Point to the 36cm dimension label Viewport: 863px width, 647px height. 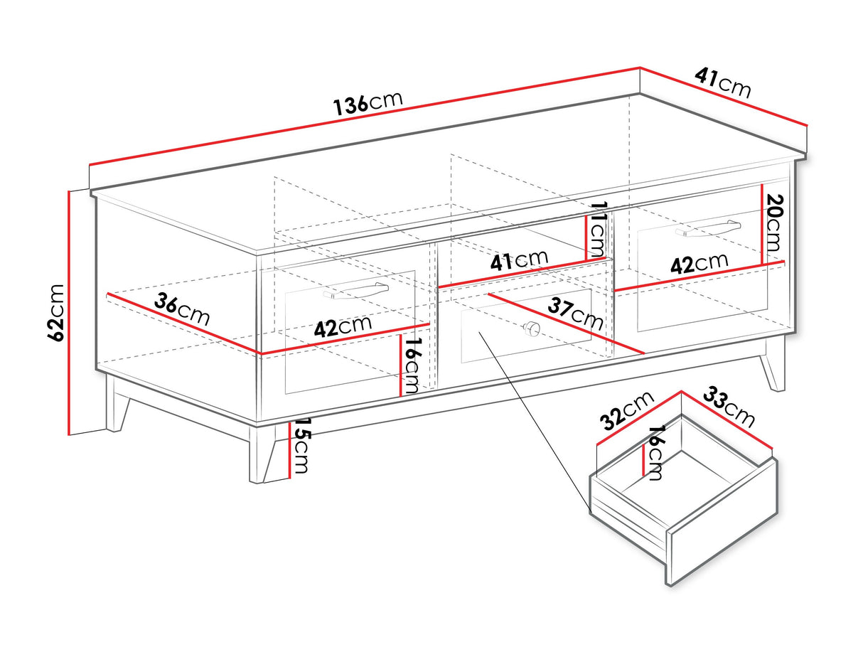(183, 310)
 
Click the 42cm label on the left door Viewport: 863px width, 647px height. (343, 327)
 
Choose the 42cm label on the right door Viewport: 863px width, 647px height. (700, 263)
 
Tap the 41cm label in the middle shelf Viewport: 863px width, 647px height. (519, 260)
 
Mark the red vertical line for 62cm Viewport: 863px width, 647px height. (68, 312)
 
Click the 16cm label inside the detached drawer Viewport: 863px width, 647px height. (655, 453)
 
